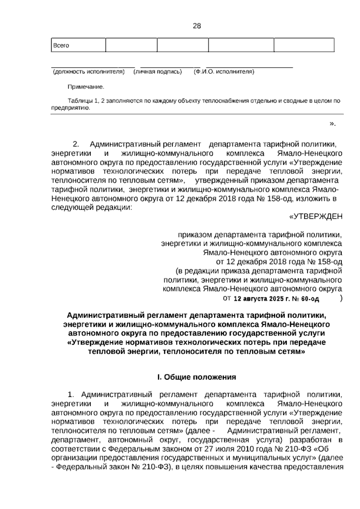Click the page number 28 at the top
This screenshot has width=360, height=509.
coord(197,26)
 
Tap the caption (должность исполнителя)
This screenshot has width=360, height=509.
coord(88,72)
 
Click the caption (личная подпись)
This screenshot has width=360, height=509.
coord(157,72)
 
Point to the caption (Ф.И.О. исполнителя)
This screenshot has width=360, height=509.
coord(224,72)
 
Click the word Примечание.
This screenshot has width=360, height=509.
coord(86,87)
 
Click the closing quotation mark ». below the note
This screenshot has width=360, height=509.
coord(332,124)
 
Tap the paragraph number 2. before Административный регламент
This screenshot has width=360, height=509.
coord(76,144)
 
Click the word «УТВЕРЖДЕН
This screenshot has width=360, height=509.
coord(315,216)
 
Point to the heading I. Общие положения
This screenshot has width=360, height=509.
coord(196,377)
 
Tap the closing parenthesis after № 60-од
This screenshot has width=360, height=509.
coord(341,298)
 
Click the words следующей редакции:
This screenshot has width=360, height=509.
coord(91,208)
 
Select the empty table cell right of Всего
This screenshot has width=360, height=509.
coord(131,45)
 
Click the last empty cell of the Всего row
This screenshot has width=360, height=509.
coord(304,45)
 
